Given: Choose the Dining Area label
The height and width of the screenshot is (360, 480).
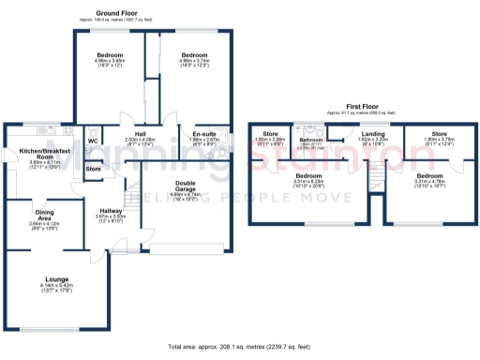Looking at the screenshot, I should (x=45, y=217).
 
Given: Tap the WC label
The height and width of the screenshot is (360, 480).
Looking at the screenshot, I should (x=93, y=142).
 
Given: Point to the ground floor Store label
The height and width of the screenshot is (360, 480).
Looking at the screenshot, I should (x=93, y=169).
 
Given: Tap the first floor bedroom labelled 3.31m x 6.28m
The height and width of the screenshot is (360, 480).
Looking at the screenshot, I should (x=308, y=175).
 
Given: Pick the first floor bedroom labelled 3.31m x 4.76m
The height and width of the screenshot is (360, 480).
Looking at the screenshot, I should (x=429, y=175).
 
